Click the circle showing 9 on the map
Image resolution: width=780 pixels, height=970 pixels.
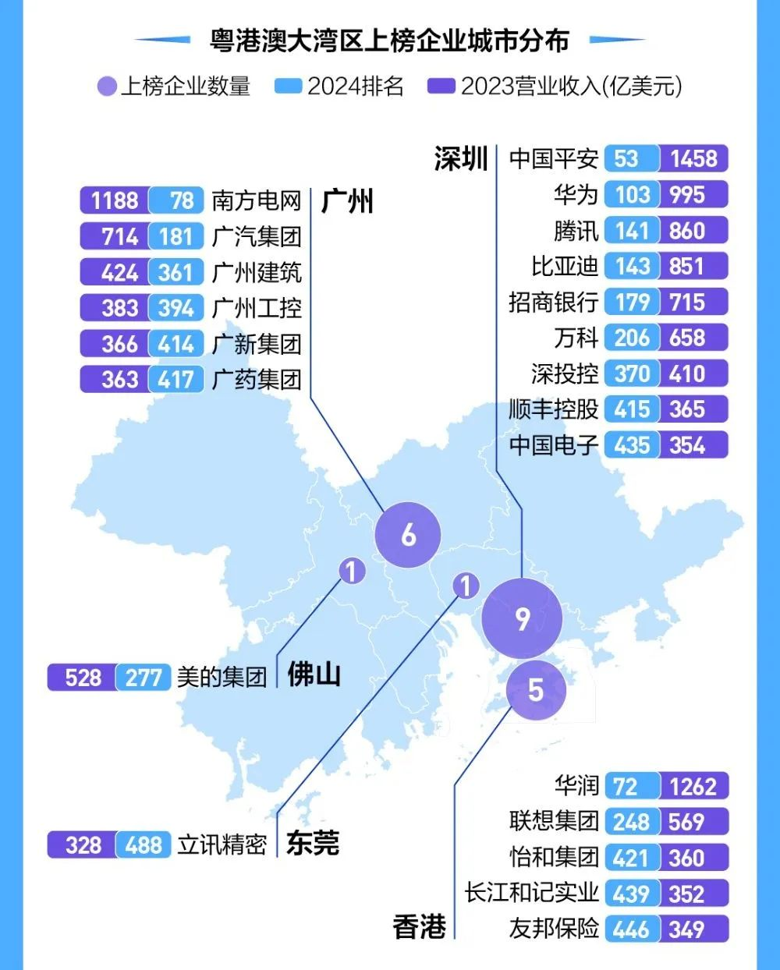pyautogui.click(x=522, y=618)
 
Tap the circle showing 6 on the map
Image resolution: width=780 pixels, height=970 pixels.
pyautogui.click(x=408, y=535)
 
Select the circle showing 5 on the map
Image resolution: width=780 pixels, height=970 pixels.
pyautogui.click(x=535, y=689)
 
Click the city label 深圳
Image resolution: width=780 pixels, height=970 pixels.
pyautogui.click(x=461, y=158)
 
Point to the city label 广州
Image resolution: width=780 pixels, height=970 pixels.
pyautogui.click(x=348, y=201)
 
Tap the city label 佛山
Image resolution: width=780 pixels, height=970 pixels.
pyautogui.click(x=314, y=674)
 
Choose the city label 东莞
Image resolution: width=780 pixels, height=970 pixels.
pyautogui.click(x=313, y=843)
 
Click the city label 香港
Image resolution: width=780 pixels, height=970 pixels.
pyautogui.click(x=420, y=927)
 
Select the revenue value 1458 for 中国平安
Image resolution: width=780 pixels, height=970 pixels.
pyautogui.click(x=693, y=159)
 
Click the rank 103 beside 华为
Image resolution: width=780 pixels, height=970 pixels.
pyautogui.click(x=632, y=195)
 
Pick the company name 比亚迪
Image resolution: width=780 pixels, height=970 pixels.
pyautogui.click(x=565, y=267)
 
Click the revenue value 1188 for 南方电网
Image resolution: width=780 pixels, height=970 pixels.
pyautogui.click(x=115, y=201)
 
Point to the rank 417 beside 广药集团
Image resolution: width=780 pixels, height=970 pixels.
pyautogui.click(x=175, y=380)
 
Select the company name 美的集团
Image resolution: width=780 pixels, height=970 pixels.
pyautogui.click(x=222, y=677)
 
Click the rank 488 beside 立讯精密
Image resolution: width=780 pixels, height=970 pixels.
pyautogui.click(x=144, y=845)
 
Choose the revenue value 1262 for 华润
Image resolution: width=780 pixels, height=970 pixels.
pyautogui.click(x=693, y=786)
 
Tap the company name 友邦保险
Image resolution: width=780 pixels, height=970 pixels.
pyautogui.click(x=554, y=929)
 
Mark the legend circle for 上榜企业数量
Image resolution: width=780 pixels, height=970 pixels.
pyautogui.click(x=107, y=86)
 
